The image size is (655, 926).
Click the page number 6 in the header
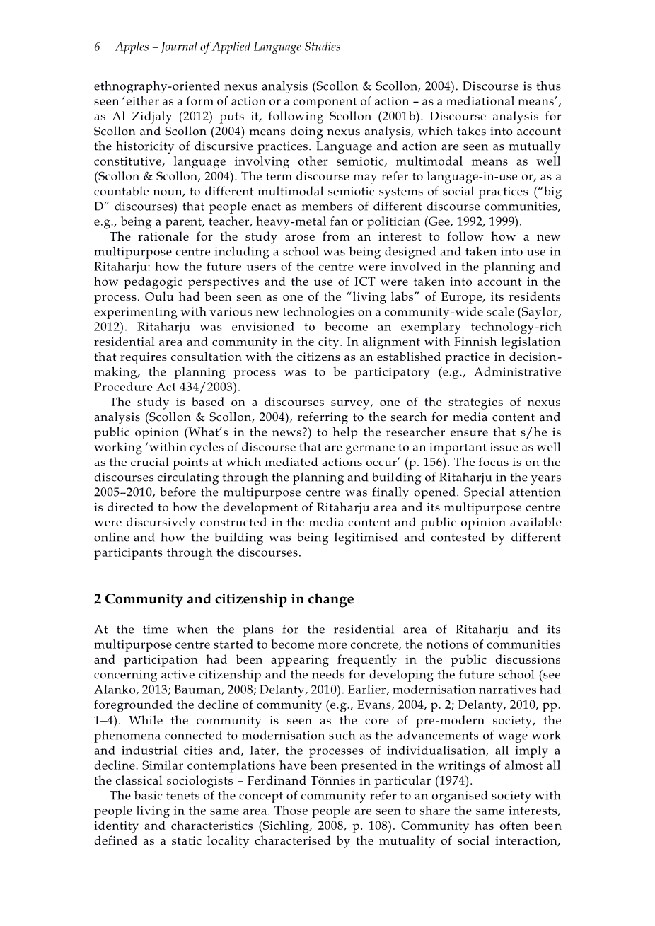97,47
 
